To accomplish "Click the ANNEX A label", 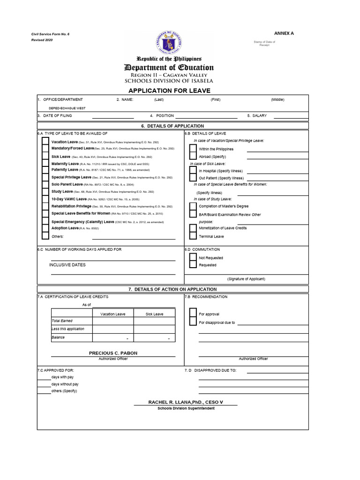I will point(284,33).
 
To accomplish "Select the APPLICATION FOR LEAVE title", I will point(170,90).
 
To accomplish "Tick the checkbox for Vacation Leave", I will point(45,142).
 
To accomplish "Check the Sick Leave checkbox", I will point(45,157).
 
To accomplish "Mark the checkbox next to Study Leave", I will point(45,192).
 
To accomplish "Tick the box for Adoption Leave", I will point(45,228).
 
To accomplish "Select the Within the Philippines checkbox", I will point(193,149).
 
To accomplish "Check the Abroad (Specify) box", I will point(193,157).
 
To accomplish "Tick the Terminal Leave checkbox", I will point(193,236).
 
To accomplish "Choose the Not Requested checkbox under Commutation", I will point(193,257).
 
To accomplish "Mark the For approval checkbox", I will point(193,314).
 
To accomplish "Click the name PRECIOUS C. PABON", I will point(113,353).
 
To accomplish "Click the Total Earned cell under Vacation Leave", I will point(113,322).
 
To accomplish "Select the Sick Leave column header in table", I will point(154,314).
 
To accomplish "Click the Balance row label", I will point(59,337).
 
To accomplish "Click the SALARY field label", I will point(259,115).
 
